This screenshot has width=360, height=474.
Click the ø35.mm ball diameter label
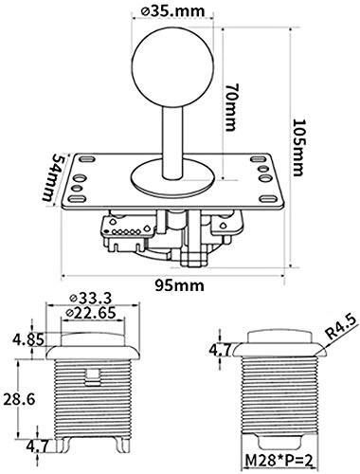173,10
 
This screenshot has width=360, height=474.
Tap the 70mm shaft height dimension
231,107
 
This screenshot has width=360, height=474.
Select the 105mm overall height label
297,147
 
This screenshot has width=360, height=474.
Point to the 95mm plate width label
179,285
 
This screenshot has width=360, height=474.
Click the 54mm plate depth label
52,177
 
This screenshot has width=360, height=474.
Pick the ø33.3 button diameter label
91,298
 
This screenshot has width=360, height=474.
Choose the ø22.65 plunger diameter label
91,313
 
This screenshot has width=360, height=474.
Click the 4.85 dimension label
27,340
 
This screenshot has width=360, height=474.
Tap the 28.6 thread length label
19,399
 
